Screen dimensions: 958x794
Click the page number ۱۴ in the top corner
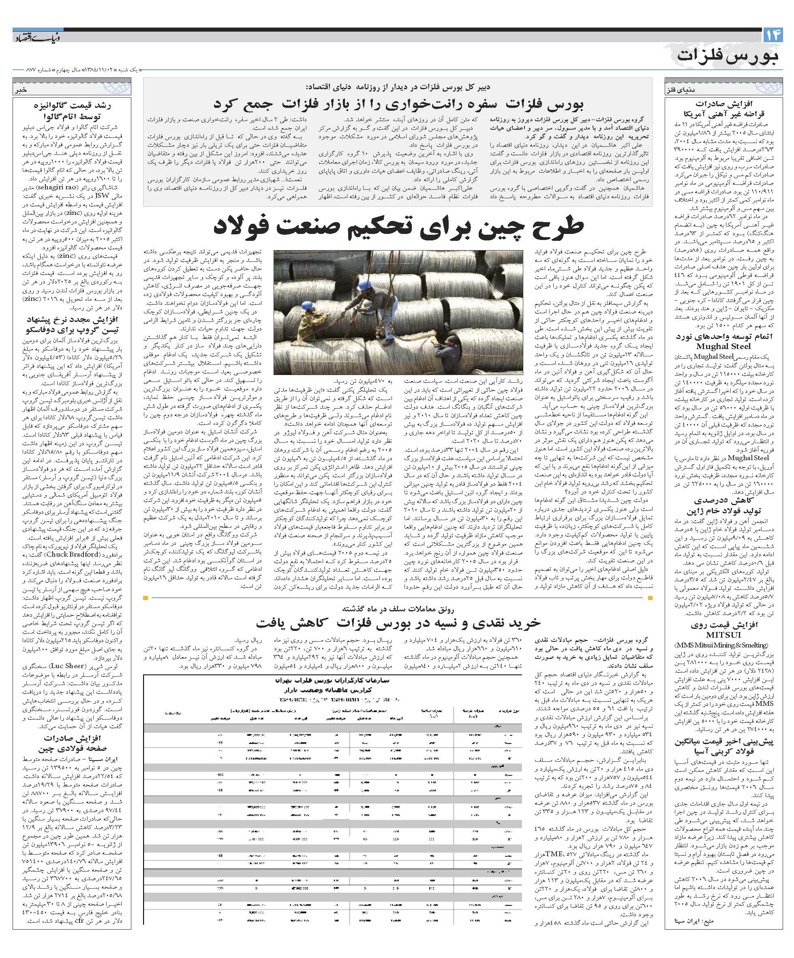(773, 35)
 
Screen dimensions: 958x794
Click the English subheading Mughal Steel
(723, 346)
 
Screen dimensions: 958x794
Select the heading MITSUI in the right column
(724, 634)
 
